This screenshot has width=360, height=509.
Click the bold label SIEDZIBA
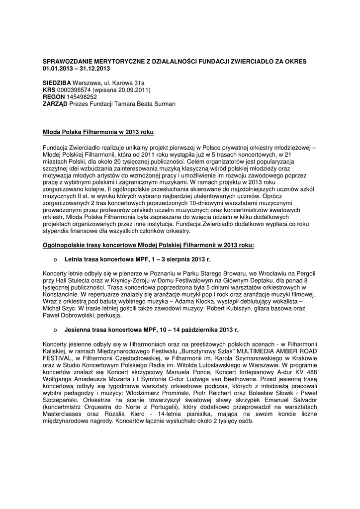pos(57,83)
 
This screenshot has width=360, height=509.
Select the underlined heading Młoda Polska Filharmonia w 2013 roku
pos(98,132)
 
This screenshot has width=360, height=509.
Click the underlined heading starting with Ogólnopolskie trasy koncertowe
pos(148,245)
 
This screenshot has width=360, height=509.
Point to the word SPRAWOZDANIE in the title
pos(67,61)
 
